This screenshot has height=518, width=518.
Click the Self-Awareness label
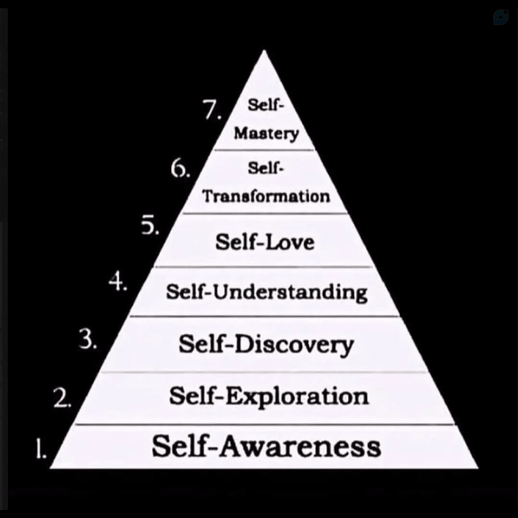point(266,445)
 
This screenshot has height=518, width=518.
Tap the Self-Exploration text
point(268,395)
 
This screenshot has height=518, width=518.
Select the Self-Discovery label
point(266,344)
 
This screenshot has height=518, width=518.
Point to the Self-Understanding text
point(267,293)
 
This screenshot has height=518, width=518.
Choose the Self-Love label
point(265,242)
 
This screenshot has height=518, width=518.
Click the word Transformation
point(266,196)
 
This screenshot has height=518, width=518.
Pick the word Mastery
point(266,134)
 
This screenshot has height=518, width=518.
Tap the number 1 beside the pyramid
point(41,448)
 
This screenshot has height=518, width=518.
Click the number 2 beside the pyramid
point(62,397)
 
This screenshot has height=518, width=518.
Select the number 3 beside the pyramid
point(88,339)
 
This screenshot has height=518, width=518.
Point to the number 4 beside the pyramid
point(118,282)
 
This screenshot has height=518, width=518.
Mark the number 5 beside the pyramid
point(150,226)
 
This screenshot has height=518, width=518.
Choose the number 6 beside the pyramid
point(180,168)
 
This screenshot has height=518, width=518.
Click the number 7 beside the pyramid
point(212,110)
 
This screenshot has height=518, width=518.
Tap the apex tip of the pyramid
point(263,50)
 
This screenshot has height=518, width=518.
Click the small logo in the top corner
point(501,17)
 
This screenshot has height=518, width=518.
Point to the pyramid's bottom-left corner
point(50,468)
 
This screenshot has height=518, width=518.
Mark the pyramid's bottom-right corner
point(478,468)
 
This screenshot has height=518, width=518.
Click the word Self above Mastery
point(266,105)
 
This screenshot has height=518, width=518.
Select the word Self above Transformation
point(266,167)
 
